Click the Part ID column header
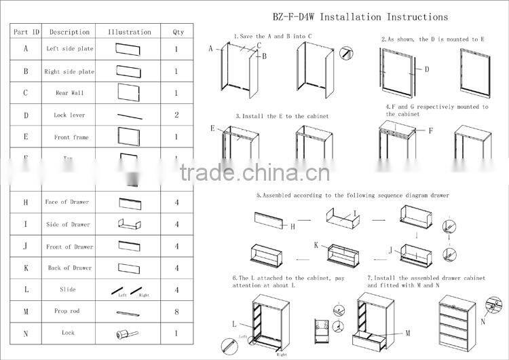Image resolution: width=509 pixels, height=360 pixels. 26,32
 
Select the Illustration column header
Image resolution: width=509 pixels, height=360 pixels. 130,32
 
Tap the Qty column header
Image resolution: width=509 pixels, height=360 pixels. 177,32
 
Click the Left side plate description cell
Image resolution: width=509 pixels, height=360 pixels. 70,49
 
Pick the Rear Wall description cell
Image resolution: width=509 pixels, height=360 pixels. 70,93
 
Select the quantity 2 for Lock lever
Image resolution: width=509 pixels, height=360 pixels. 176,115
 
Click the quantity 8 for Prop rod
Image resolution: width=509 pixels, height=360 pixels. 176,311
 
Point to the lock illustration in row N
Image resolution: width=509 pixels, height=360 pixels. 128,334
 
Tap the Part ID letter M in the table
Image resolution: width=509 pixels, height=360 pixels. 26,311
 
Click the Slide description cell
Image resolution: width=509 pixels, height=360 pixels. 68,289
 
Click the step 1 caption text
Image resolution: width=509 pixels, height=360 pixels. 273,35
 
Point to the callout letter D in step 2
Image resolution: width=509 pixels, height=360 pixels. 427,69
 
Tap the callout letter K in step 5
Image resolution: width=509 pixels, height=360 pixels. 316,245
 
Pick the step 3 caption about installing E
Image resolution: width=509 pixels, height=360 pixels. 282,116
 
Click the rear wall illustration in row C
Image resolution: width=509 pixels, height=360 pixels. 128,93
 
